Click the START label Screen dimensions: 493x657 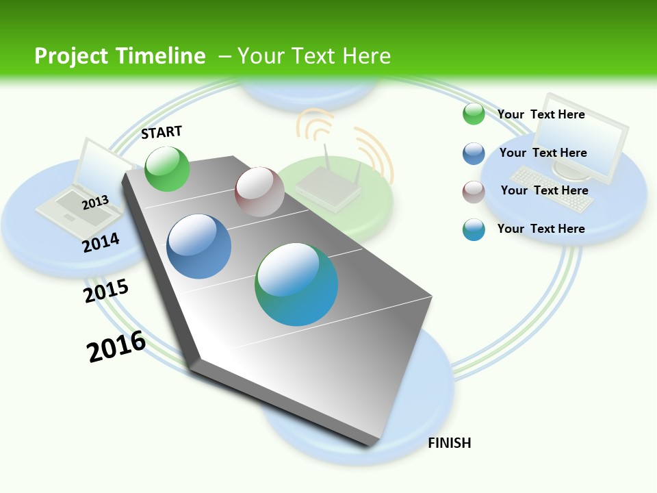click(x=162, y=131)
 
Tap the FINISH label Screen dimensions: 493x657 click(x=449, y=443)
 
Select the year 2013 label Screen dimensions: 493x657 click(x=95, y=203)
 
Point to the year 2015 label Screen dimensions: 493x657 click(x=106, y=290)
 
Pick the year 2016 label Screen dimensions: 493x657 click(x=116, y=346)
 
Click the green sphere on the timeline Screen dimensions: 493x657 click(x=167, y=168)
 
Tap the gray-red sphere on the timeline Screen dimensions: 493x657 click(x=259, y=192)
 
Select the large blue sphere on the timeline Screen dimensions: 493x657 click(x=198, y=246)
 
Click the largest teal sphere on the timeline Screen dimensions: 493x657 click(x=296, y=284)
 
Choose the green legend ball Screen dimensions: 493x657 click(x=474, y=114)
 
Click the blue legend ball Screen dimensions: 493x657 click(x=474, y=153)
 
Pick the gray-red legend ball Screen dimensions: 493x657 click(x=474, y=192)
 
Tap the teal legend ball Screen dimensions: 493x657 click(x=474, y=229)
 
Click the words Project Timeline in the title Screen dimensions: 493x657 click(x=120, y=56)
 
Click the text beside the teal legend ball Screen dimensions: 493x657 click(x=541, y=229)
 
